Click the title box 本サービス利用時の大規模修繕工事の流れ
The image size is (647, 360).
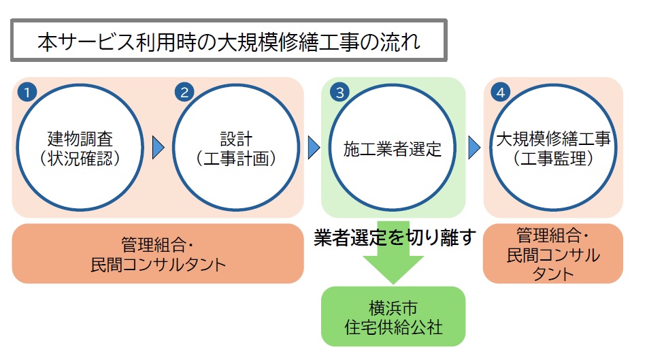(x=228, y=42)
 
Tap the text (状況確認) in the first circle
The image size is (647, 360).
(x=80, y=159)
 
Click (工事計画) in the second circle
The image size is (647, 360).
(x=236, y=159)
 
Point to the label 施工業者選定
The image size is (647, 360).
(x=393, y=149)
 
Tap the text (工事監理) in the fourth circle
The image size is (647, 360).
(x=553, y=159)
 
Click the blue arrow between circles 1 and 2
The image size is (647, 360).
(x=158, y=147)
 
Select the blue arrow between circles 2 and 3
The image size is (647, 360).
(x=314, y=147)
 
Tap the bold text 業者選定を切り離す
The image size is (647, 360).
(x=393, y=238)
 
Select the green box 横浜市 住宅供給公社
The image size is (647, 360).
(x=393, y=316)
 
